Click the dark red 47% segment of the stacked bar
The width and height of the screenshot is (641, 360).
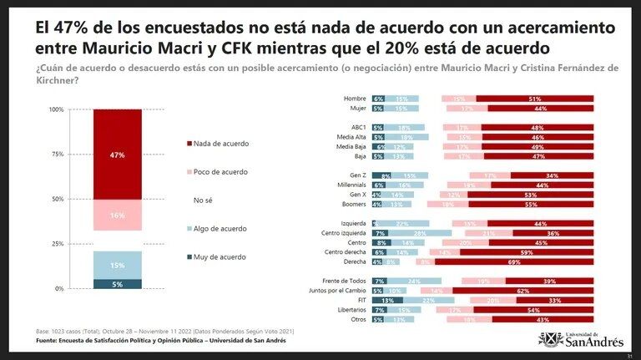click(x=117, y=155)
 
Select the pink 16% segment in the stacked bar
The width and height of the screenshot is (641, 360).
click(x=117, y=215)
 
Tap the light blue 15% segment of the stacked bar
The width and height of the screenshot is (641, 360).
click(x=117, y=265)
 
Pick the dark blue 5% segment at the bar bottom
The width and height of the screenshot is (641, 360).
click(x=117, y=284)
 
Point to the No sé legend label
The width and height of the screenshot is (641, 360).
click(x=203, y=200)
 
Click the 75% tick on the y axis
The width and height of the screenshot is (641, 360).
click(x=57, y=155)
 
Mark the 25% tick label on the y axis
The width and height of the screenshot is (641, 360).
click(x=57, y=244)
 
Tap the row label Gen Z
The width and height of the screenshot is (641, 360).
click(x=356, y=175)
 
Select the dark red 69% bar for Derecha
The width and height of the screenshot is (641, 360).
click(x=514, y=261)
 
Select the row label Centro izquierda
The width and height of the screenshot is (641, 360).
click(x=345, y=233)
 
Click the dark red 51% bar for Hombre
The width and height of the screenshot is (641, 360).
click(x=534, y=99)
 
